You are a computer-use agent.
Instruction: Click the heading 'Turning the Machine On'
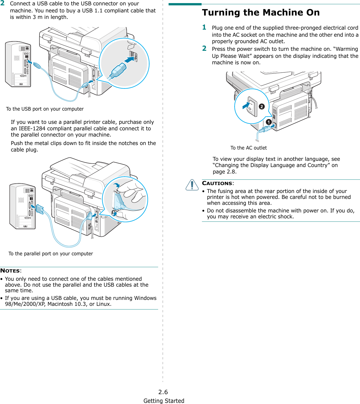(261, 13)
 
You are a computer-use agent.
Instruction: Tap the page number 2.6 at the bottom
(163, 392)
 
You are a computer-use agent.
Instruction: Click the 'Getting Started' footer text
(164, 401)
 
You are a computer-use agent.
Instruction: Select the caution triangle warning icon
(192, 185)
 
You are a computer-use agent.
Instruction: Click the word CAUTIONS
(217, 183)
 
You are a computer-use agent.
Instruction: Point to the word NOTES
(10, 271)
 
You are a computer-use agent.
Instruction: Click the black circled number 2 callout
(262, 106)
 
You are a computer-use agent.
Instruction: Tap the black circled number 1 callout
(269, 122)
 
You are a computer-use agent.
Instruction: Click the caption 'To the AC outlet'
(248, 148)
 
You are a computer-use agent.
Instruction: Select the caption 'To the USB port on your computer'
(45, 109)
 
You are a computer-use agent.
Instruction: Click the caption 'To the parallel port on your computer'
(51, 254)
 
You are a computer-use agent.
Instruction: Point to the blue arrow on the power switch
(246, 105)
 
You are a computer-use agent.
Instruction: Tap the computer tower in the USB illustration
(18, 64)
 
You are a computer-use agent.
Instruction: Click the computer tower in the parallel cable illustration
(23, 206)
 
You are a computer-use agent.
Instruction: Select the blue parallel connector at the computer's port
(39, 209)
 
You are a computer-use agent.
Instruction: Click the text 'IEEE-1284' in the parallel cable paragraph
(32, 129)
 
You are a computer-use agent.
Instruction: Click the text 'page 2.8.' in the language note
(225, 172)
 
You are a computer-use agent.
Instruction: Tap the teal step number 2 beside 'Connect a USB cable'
(3, 3)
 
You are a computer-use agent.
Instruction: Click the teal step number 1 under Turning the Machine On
(204, 27)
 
